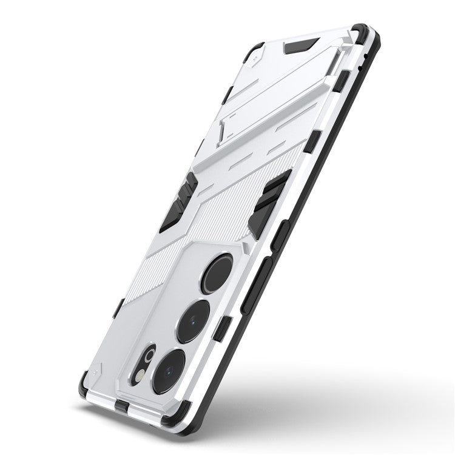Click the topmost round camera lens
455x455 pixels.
pos(217,274)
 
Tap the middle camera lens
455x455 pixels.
pos(193,322)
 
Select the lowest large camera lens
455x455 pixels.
pos(169,372)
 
